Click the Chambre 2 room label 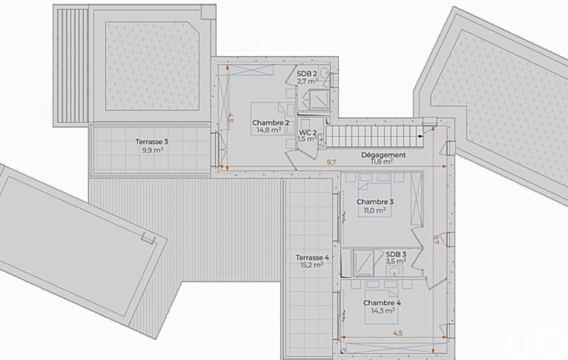[x=270, y=123]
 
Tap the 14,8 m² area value [x=269, y=130]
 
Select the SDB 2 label [x=307, y=74]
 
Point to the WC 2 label [x=308, y=132]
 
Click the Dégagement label [x=383, y=155]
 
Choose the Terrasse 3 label [x=152, y=142]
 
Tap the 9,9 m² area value [x=153, y=149]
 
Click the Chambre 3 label [x=375, y=202]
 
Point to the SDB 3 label [x=396, y=254]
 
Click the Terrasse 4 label [x=312, y=258]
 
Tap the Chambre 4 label [x=382, y=303]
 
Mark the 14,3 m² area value [x=383, y=310]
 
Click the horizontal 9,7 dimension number [x=331, y=162]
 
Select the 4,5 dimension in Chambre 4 [x=398, y=333]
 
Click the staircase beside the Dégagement [x=375, y=136]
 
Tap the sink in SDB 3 [x=395, y=270]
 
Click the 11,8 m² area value [x=382, y=162]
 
